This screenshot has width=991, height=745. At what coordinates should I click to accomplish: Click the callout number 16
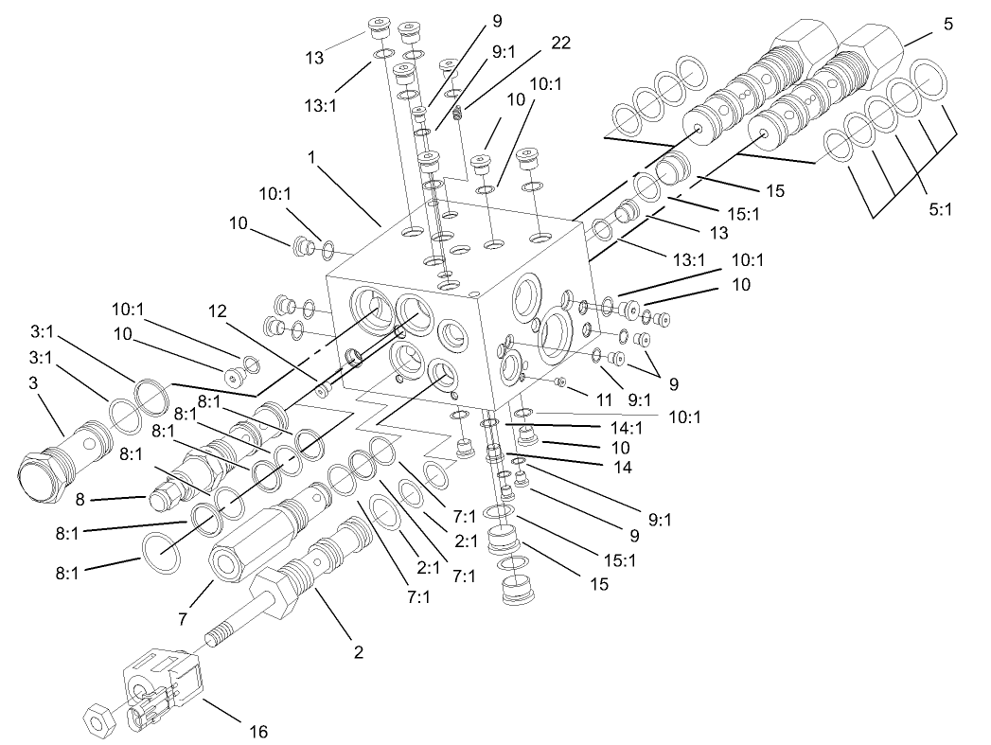pyautogui.click(x=257, y=731)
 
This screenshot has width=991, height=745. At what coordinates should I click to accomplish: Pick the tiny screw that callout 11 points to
pyautogui.click(x=562, y=381)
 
